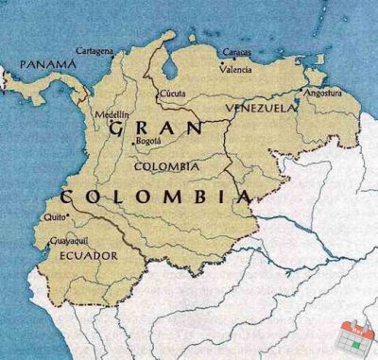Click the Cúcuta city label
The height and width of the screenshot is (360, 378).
pos(173,94)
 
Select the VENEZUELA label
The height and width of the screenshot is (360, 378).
pos(262,109)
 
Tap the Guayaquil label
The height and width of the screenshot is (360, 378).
pos(67,240)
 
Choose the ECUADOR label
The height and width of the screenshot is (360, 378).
pos(88,255)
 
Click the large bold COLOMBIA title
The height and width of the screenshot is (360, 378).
pos(156,197)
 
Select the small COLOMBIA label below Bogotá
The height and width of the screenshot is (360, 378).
pos(167,166)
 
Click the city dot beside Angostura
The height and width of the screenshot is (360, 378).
pos(301,93)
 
